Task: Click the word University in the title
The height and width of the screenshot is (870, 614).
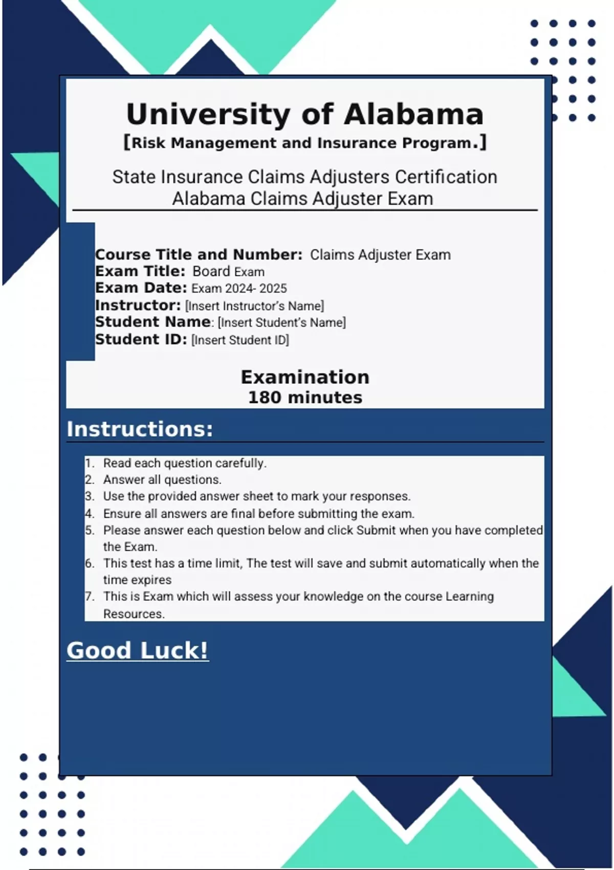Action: (209, 115)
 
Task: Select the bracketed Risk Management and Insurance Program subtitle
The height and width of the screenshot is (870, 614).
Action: (305, 143)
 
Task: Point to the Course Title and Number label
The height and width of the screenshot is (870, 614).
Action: (199, 254)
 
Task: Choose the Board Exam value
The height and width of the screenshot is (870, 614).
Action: (228, 272)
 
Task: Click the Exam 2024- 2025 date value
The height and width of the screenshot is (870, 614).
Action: (239, 289)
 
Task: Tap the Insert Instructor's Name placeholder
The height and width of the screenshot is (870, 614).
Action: (254, 306)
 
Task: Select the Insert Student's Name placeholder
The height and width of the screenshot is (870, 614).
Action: (282, 323)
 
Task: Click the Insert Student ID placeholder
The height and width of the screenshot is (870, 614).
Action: (240, 340)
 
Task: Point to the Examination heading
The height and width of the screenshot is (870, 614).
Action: (305, 377)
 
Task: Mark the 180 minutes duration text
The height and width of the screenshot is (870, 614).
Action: (305, 398)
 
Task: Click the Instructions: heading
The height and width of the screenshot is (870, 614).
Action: (140, 429)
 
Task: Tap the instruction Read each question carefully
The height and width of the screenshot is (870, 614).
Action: (185, 463)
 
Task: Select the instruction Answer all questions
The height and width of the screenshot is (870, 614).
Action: (162, 480)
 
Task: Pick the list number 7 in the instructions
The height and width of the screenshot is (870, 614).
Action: (90, 597)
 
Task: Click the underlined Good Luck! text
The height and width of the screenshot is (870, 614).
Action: (138, 650)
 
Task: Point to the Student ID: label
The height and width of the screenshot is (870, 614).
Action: (141, 339)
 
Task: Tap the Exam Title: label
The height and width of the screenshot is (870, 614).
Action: (140, 271)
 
